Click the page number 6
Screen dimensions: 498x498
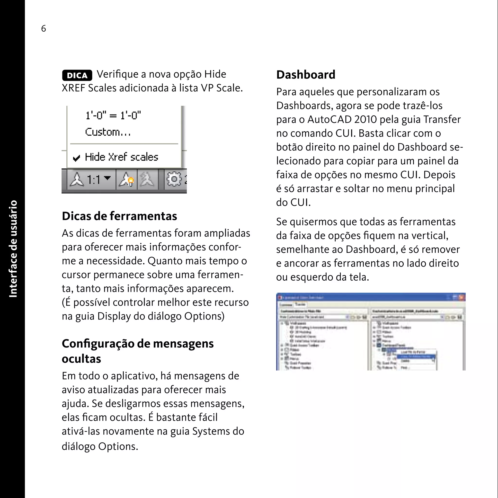pyautogui.click(x=43, y=28)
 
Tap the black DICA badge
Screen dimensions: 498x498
pyautogui.click(x=77, y=75)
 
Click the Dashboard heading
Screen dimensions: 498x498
pyautogui.click(x=306, y=75)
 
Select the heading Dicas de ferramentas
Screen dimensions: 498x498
pyautogui.click(x=119, y=216)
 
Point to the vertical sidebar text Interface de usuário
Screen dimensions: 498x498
pyautogui.click(x=13, y=249)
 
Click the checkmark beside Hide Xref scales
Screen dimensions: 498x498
pyautogui.click(x=76, y=158)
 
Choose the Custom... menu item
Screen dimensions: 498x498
pyautogui.click(x=108, y=132)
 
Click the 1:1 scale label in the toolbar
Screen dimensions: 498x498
pyautogui.click(x=93, y=180)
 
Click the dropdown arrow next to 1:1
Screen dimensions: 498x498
pyautogui.click(x=107, y=178)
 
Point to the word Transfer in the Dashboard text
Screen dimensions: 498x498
pyautogui.click(x=442, y=119)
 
